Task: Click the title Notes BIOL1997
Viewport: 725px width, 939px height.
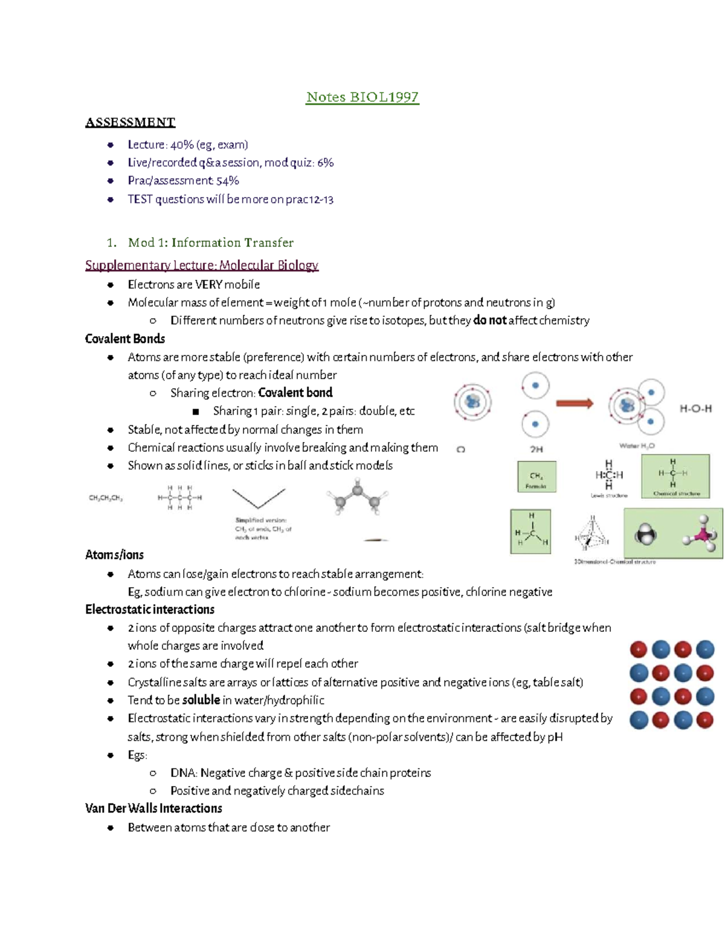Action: (x=362, y=97)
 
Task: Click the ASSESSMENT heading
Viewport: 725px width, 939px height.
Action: (x=130, y=122)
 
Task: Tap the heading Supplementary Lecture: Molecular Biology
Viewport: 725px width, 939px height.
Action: (x=201, y=265)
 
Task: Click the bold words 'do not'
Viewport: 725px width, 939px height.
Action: (x=489, y=320)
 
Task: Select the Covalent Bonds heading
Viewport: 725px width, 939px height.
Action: (x=125, y=339)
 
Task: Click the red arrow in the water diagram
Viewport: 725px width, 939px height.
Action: (x=574, y=403)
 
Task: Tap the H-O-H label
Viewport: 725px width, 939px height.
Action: (x=695, y=409)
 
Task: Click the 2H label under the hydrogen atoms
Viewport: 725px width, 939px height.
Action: (x=536, y=449)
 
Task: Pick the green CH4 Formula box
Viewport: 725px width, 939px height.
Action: (x=536, y=477)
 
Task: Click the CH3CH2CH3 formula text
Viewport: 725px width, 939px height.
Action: (x=106, y=498)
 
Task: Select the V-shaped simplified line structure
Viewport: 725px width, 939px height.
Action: (x=259, y=498)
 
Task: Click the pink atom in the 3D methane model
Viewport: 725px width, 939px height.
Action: (x=703, y=535)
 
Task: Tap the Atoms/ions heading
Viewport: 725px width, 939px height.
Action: (x=114, y=554)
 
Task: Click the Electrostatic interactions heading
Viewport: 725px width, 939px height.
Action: (x=150, y=609)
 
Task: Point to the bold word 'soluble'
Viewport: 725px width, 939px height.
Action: (x=201, y=700)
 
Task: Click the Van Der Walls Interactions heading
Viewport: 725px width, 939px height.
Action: (x=153, y=808)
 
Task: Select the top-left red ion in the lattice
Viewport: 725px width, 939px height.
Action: (x=638, y=649)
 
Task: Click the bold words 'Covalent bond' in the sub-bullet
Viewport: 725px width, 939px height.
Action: (x=295, y=393)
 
